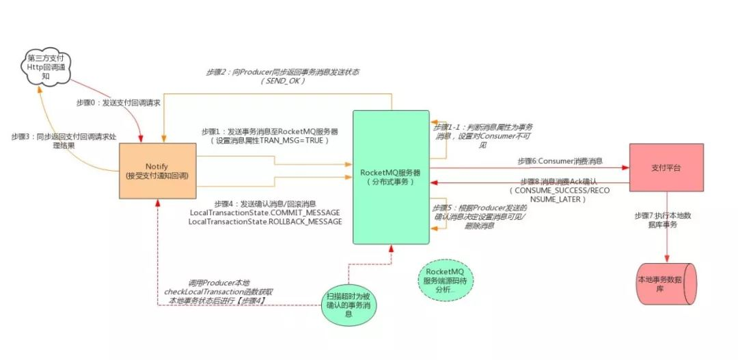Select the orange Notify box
pos(156,171)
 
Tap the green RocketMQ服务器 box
pos(391,176)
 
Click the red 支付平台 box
pos(666,167)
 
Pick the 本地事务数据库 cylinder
pos(666,284)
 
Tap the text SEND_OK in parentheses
pos(283,81)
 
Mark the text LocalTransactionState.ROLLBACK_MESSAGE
pos(264,223)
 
